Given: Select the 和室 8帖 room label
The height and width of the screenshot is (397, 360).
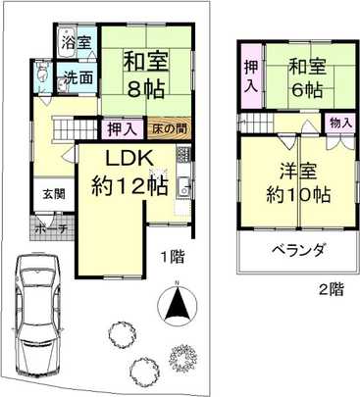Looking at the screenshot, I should [x=142, y=74].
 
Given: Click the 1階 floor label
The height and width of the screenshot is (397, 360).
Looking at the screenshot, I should [x=174, y=258].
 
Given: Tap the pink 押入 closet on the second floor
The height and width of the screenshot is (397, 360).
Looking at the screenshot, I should [x=250, y=78].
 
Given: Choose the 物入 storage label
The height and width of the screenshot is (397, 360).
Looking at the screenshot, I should [x=341, y=124].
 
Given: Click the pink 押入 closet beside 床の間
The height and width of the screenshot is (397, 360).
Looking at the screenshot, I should [x=123, y=128].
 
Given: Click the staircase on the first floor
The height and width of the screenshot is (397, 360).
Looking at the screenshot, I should [x=74, y=126].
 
